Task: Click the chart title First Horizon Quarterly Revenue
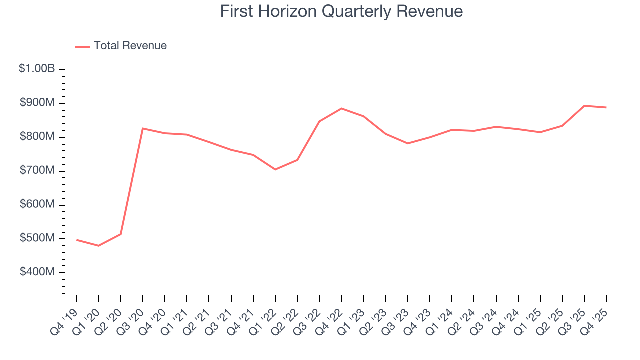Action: click(x=341, y=11)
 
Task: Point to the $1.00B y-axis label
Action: click(x=37, y=69)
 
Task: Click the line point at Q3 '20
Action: click(x=143, y=128)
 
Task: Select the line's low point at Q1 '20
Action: click(x=98, y=246)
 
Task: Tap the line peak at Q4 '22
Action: click(x=341, y=108)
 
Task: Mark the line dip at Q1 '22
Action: click(x=275, y=169)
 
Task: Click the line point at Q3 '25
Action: click(x=584, y=106)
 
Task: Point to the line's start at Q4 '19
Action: click(x=76, y=240)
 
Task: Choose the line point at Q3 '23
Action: click(x=408, y=143)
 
